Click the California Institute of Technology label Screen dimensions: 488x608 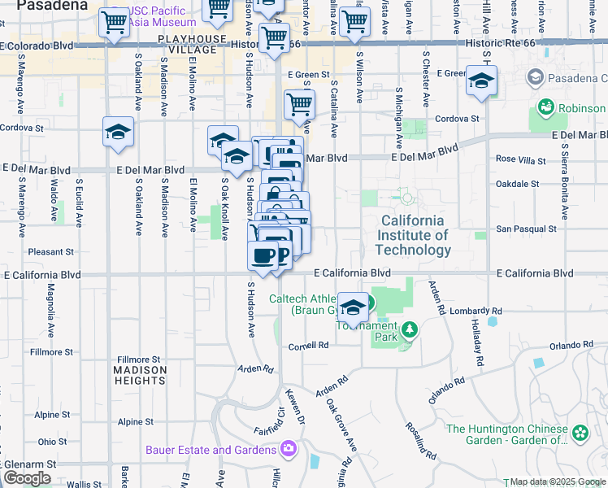tap(414, 235)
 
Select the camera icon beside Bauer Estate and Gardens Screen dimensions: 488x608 tap(288, 449)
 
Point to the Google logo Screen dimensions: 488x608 tap(27, 478)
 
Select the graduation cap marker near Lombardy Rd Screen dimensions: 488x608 tap(352, 307)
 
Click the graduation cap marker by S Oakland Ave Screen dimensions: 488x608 tap(118, 132)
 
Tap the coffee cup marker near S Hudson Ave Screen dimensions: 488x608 tap(262, 255)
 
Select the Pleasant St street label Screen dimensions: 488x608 tap(50, 252)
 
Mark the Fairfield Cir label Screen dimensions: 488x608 tap(259, 422)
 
